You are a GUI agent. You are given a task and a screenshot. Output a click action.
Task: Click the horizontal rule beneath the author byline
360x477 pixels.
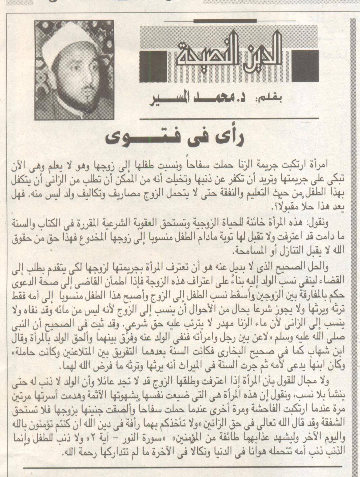click(x=230, y=119)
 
